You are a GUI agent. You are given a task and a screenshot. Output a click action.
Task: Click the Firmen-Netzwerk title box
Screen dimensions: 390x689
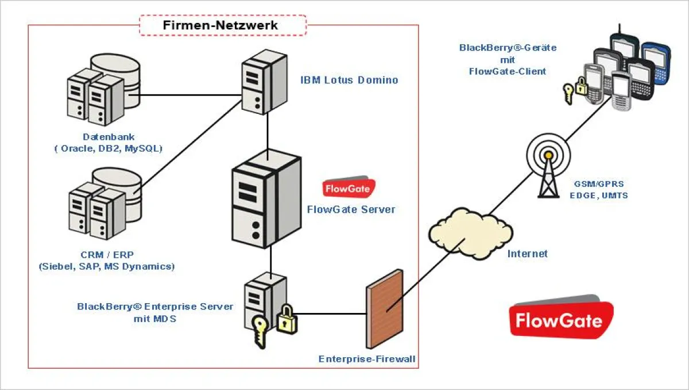(x=223, y=25)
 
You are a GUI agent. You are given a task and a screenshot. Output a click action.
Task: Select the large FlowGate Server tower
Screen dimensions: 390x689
(x=266, y=199)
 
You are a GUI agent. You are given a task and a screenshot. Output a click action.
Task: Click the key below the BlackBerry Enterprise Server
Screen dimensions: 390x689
(x=260, y=333)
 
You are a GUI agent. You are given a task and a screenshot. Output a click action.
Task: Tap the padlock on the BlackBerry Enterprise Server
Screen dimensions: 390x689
(x=285, y=320)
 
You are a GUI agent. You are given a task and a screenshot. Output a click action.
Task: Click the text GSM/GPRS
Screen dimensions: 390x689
(x=598, y=184)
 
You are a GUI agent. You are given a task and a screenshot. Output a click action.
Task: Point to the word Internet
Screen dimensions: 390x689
(x=527, y=254)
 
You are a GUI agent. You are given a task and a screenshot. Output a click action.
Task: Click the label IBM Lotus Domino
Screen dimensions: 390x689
(x=349, y=80)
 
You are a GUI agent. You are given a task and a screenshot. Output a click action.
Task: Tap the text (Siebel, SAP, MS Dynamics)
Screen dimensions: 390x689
(x=106, y=266)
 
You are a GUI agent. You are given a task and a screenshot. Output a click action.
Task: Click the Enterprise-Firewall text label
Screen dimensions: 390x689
(x=367, y=360)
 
